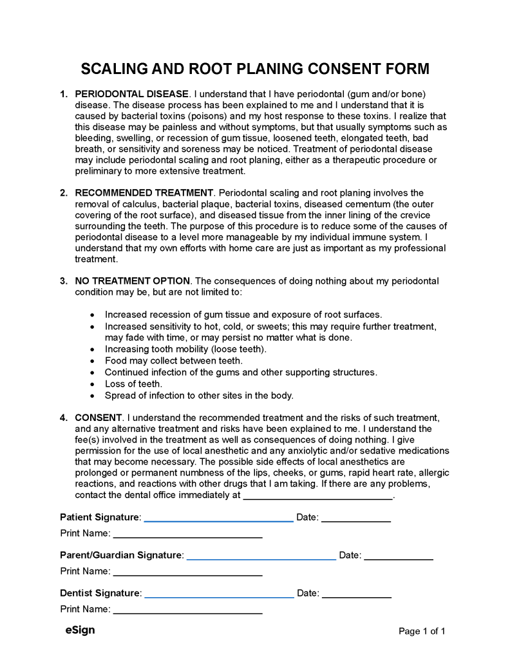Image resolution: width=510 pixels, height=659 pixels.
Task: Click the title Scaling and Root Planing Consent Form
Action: (x=255, y=69)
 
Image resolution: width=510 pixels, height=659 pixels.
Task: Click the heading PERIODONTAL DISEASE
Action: (x=132, y=94)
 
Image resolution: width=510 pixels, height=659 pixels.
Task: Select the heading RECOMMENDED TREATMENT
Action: (x=144, y=192)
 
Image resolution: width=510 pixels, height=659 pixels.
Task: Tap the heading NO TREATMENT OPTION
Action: (x=133, y=281)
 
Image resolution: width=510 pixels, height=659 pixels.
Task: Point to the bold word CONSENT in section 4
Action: (x=99, y=417)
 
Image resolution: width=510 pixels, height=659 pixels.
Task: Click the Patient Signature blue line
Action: (x=219, y=520)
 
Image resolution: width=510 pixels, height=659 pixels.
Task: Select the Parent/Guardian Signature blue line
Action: (x=261, y=559)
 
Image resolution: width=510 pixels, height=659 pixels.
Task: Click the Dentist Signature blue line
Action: (x=220, y=597)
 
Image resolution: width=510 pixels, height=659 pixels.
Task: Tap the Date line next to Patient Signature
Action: (x=356, y=520)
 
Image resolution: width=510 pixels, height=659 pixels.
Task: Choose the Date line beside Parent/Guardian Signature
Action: (x=399, y=559)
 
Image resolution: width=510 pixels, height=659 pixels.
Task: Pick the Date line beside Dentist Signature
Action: (x=357, y=597)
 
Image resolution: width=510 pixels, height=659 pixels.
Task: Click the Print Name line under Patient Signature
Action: (x=187, y=536)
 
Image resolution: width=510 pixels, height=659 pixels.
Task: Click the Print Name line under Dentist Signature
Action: (x=187, y=612)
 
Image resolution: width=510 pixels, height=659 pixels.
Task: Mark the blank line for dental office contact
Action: (x=318, y=498)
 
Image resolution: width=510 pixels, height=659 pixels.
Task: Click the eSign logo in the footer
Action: (x=80, y=630)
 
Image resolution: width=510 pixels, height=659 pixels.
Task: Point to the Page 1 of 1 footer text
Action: (x=422, y=631)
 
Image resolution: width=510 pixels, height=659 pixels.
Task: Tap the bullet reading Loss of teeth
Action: (x=133, y=384)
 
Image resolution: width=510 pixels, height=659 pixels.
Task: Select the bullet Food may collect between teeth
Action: (x=173, y=360)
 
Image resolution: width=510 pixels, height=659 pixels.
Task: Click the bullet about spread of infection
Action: (x=199, y=395)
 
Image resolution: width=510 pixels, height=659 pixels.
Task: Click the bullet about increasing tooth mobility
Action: (x=185, y=349)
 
